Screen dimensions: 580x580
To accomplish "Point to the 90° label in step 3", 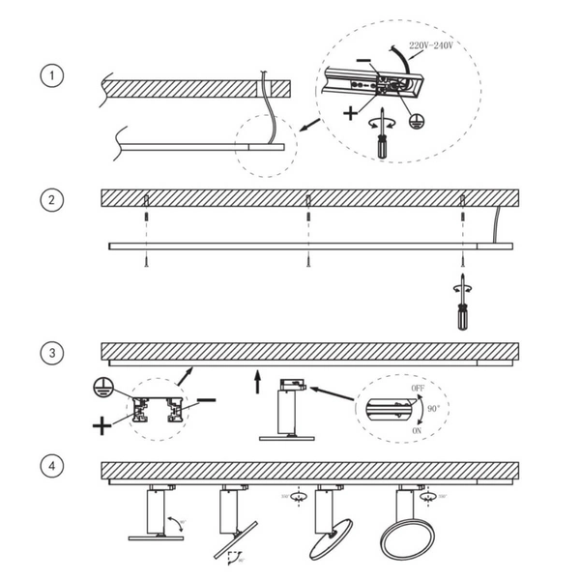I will [432, 410].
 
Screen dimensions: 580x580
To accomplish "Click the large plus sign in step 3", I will [102, 424].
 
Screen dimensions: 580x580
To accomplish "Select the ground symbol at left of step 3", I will [106, 384].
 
